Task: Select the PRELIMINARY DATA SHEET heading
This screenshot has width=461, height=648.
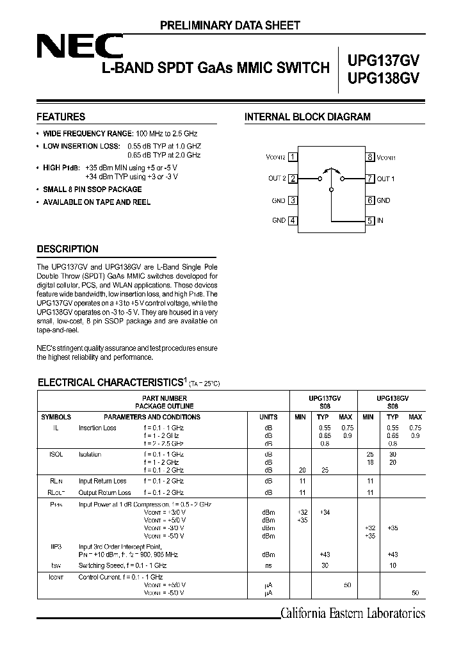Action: click(230, 26)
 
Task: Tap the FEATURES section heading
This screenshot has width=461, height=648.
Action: click(61, 117)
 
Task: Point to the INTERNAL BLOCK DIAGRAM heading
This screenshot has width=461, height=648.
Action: click(307, 117)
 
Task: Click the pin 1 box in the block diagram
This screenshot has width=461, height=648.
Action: click(293, 157)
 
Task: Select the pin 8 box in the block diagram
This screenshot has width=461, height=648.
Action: click(370, 157)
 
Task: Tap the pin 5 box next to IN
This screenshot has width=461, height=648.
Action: click(370, 221)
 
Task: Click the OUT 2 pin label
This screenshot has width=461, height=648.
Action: click(277, 179)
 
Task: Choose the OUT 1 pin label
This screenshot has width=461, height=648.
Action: click(385, 179)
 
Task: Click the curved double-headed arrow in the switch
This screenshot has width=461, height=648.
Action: click(331, 170)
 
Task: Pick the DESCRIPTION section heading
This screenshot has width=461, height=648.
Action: click(67, 249)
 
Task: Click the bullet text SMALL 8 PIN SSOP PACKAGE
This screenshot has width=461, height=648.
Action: click(92, 190)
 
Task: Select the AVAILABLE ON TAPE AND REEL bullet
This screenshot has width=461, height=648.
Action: click(97, 202)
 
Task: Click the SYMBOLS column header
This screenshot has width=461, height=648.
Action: click(56, 417)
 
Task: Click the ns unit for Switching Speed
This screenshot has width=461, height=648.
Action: click(268, 566)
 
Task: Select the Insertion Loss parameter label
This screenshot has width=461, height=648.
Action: click(97, 428)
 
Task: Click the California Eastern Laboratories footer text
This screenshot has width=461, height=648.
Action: click(353, 613)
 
